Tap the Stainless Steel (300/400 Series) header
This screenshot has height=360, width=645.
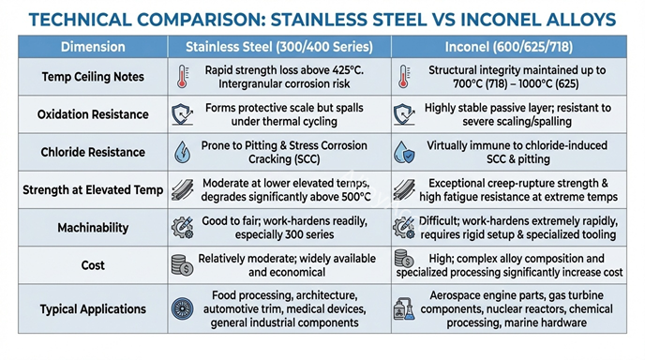point(278,46)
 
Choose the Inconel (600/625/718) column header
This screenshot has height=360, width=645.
point(514,46)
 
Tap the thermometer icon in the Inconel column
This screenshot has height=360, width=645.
point(405,77)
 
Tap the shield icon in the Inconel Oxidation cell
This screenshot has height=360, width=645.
point(405,114)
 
